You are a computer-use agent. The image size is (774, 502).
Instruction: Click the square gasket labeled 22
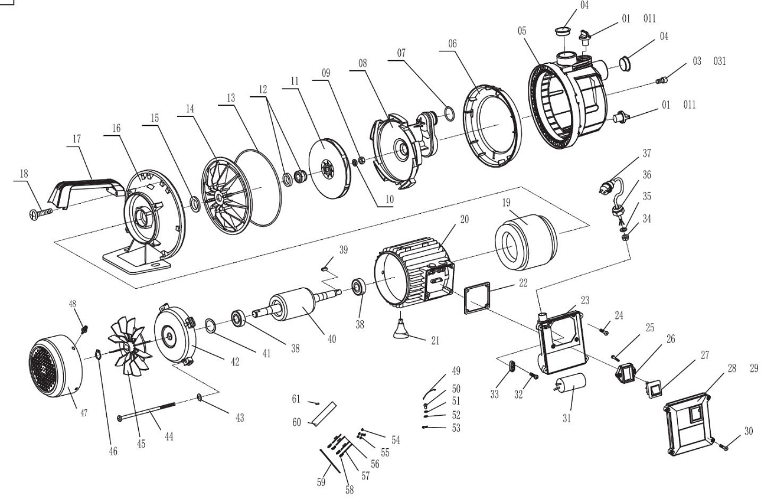click(x=477, y=298)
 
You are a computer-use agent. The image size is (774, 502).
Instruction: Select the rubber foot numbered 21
click(x=401, y=329)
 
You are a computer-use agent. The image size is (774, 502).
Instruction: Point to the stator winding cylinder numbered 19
click(x=525, y=242)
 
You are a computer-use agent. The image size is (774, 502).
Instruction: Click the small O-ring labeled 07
click(x=449, y=114)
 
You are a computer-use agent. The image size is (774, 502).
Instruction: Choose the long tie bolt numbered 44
click(x=146, y=411)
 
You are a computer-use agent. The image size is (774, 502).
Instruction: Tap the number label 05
click(x=522, y=31)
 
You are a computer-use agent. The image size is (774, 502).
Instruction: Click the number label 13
click(x=231, y=98)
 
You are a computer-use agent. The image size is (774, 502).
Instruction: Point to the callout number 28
click(x=732, y=369)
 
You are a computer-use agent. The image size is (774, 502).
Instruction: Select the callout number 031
click(x=720, y=61)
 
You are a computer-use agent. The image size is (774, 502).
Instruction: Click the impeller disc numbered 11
click(x=329, y=168)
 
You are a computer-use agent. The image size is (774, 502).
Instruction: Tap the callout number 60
click(x=296, y=422)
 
